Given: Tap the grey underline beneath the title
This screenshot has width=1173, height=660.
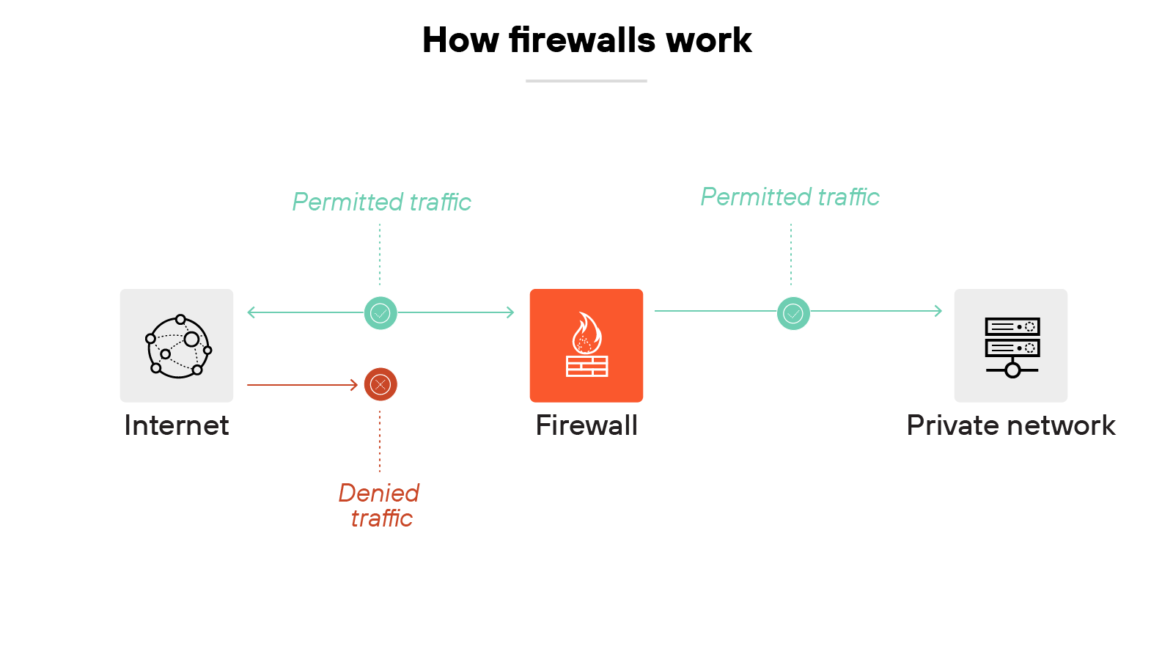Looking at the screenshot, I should (x=586, y=81).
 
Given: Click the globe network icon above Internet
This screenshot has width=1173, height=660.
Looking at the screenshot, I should (x=178, y=346).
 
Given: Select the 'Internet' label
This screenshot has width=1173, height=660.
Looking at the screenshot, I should (x=176, y=425).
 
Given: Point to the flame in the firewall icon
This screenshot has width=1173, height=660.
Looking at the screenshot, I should (x=586, y=334).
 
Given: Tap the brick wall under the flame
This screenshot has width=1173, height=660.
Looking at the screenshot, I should (x=586, y=366).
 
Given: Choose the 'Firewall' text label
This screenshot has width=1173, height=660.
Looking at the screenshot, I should (x=586, y=425).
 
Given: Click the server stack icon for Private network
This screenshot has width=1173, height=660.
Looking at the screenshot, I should (x=1012, y=346).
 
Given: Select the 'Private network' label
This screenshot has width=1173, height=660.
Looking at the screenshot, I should (x=1010, y=425).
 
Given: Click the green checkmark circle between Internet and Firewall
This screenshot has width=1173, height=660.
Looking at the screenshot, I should (x=380, y=313).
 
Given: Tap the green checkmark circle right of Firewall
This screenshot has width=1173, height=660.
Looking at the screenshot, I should (x=793, y=313).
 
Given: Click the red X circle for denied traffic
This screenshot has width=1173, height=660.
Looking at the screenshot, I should (x=380, y=384).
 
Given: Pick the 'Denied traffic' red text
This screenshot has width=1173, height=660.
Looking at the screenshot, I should (x=379, y=505).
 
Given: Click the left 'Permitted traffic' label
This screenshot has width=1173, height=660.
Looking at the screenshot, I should (x=381, y=202).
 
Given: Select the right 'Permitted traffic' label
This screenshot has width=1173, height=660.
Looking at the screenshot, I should (x=790, y=197).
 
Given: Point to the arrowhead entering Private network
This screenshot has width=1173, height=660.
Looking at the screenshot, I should (x=938, y=311).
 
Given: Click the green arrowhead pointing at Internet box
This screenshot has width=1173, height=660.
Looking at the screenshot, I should (x=251, y=312).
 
